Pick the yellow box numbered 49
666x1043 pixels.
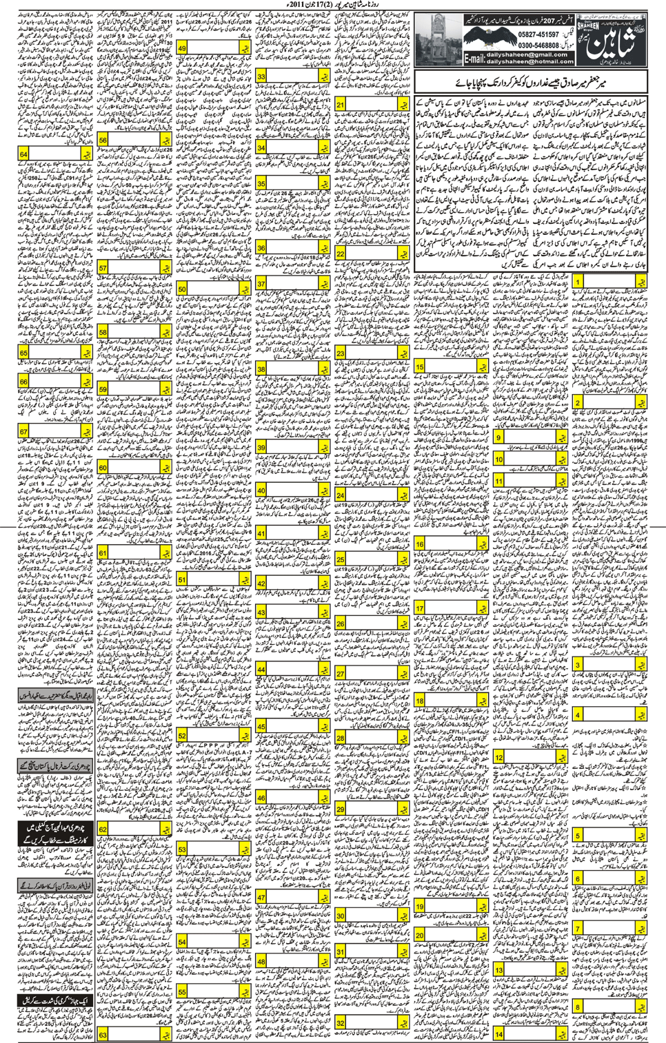pos(183,49)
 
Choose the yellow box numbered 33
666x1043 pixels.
pos(262,77)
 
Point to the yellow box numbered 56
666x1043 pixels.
pos(103,140)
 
